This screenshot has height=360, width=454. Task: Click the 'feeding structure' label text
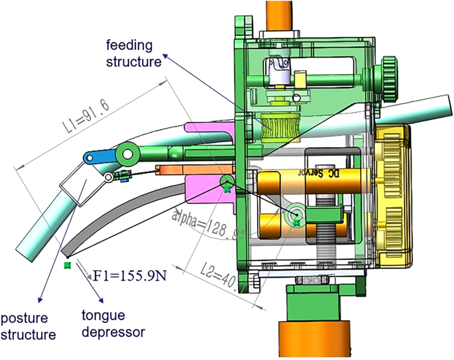click(x=135, y=54)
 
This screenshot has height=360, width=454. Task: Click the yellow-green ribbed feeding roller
click(x=278, y=126)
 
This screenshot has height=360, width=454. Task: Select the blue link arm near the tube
click(x=101, y=156)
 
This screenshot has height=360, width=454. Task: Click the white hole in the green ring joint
click(x=127, y=155)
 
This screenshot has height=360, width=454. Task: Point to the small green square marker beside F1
click(x=66, y=266)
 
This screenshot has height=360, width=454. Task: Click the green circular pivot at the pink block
click(x=226, y=183)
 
